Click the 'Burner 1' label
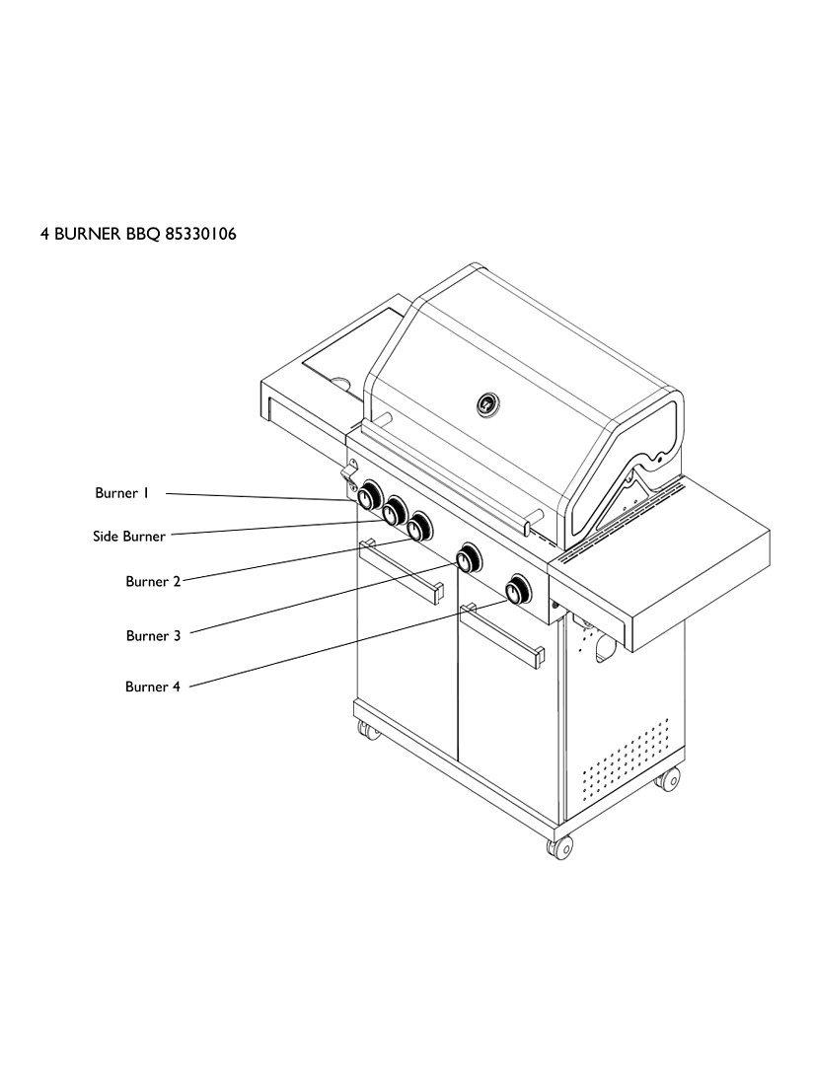pyautogui.click(x=121, y=492)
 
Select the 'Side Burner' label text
pyautogui.click(x=129, y=537)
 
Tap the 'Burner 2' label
pyautogui.click(x=153, y=581)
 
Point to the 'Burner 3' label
pyautogui.click(x=153, y=635)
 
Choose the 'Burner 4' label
pyautogui.click(x=152, y=687)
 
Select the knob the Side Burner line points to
pyautogui.click(x=395, y=511)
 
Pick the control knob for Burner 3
pyautogui.click(x=468, y=559)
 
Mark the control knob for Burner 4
pyautogui.click(x=517, y=591)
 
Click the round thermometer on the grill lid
pyautogui.click(x=488, y=403)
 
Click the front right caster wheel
pyautogui.click(x=560, y=846)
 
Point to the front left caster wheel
pyautogui.click(x=366, y=731)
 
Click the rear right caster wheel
pyautogui.click(x=668, y=778)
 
